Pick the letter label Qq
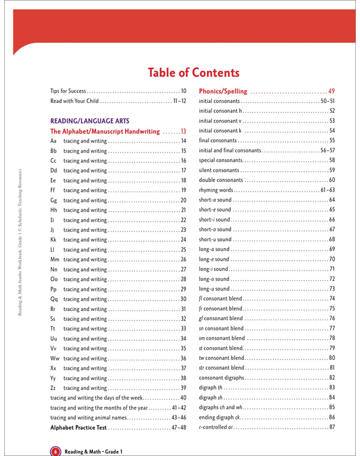pos(54,298)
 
